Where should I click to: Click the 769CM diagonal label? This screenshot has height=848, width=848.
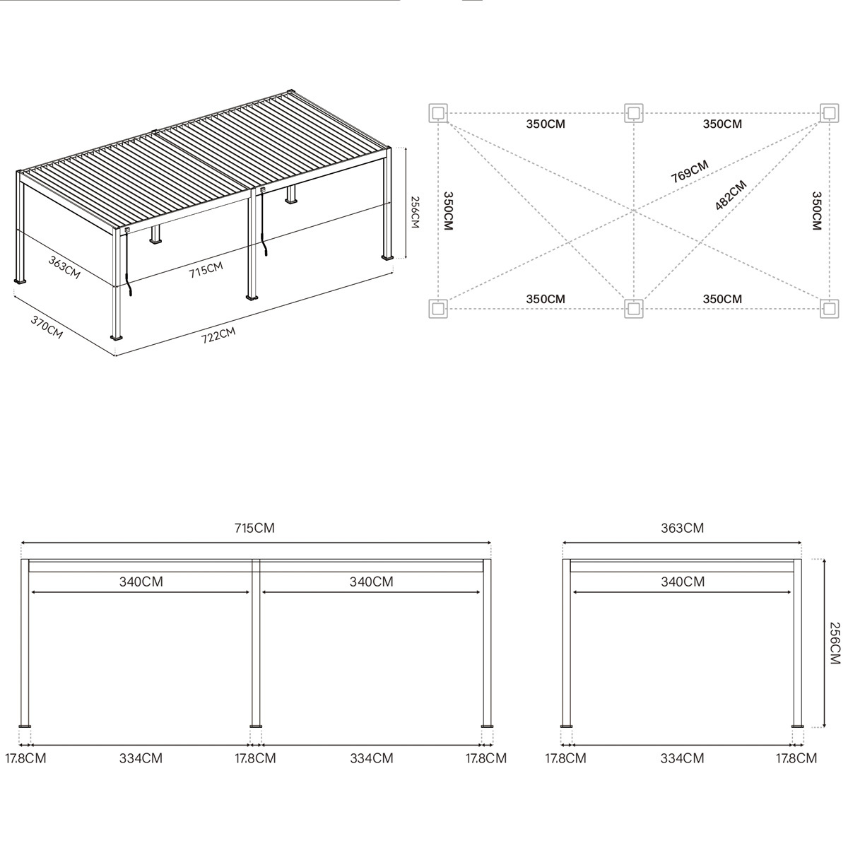[x=689, y=172]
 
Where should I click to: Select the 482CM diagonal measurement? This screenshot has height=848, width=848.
[x=731, y=196]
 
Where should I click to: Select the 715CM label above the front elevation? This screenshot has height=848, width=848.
[x=255, y=528]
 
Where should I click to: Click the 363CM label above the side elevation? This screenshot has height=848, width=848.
[x=682, y=528]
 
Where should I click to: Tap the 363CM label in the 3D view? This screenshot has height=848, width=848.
[x=64, y=267]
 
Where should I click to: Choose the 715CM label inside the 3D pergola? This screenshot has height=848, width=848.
[x=206, y=269]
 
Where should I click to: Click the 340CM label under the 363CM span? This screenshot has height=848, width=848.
[x=682, y=582]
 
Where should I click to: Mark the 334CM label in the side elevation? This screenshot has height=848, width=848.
[x=682, y=758]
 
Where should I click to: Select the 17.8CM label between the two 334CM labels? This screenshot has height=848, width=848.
[x=255, y=758]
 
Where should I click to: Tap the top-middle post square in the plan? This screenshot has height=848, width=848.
[x=634, y=112]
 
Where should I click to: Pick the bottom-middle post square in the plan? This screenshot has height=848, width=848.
[x=634, y=308]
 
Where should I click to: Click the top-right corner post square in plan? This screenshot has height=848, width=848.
[x=830, y=112]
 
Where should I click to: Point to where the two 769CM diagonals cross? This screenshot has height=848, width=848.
[x=634, y=211]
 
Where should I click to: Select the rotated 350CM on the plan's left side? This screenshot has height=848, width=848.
[x=447, y=211]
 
